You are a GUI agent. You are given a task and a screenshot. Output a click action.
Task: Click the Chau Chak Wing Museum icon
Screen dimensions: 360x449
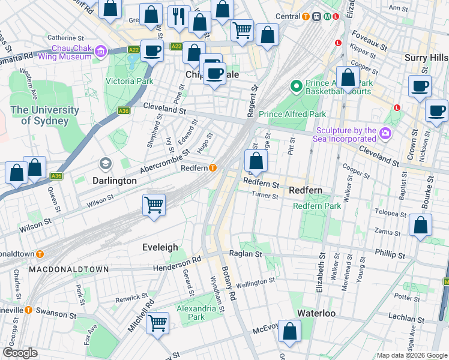(x=99, y=52)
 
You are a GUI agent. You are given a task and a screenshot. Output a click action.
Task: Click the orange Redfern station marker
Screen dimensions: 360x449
(x=212, y=168)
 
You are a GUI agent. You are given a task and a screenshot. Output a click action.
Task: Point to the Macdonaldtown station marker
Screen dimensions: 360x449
(x=40, y=253)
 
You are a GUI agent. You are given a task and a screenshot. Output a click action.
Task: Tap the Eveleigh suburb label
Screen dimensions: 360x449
(x=160, y=247)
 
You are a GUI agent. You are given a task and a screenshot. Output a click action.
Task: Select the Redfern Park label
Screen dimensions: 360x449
(x=317, y=206)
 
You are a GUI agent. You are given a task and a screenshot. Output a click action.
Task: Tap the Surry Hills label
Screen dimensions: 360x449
(x=426, y=58)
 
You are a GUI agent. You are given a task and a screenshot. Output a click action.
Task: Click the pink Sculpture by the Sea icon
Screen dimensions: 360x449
(x=385, y=133)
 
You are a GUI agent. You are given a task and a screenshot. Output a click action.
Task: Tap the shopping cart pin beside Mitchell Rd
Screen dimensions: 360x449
(x=157, y=323)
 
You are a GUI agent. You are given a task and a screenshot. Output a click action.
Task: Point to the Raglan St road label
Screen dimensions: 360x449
(x=251, y=254)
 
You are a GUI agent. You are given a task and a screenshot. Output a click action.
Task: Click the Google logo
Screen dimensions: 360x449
(x=20, y=353)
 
